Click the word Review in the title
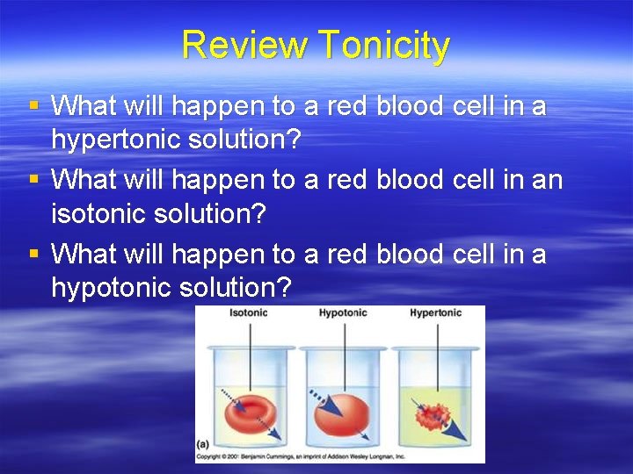[x=245, y=46]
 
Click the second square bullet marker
[x=34, y=180]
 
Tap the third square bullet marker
[x=34, y=254]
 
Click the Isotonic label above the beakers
[x=249, y=313]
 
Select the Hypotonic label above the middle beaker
[x=342, y=313]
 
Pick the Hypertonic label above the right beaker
[x=435, y=313]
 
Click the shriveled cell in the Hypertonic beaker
[x=431, y=413]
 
